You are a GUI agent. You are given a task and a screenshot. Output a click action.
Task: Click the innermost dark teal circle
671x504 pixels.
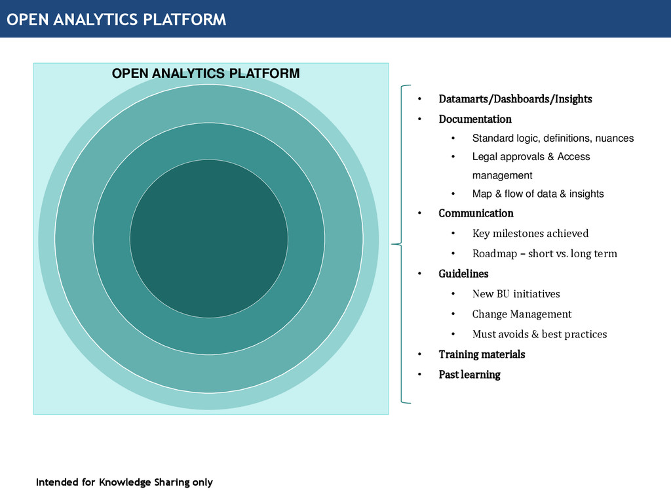coord(208,238)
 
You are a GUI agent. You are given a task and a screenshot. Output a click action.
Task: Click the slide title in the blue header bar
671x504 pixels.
coord(117,20)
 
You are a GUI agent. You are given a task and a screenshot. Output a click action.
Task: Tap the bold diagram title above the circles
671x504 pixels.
coord(206,73)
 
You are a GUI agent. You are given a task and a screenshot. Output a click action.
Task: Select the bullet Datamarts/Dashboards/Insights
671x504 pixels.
coord(515,99)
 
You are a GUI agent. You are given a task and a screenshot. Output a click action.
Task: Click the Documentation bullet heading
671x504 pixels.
coord(474,119)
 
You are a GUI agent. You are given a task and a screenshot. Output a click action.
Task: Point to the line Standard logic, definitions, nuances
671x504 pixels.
coord(552,138)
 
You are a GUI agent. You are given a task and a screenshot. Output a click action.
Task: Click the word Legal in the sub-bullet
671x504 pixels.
coord(484,157)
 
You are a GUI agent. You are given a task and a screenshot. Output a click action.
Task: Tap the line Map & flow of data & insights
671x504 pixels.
coord(537,194)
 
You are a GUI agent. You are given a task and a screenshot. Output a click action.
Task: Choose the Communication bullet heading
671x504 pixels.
coord(476,213)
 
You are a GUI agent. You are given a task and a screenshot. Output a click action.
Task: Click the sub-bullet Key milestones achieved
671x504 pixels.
coord(530,234)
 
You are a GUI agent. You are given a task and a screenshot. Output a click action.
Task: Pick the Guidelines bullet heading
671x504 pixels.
coord(463,274)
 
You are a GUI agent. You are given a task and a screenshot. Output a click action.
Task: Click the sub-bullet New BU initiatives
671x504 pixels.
coord(516,294)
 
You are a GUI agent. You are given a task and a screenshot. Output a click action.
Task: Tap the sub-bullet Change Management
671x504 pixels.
coord(522,314)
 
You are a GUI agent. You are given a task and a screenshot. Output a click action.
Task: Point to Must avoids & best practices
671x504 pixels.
coord(539,335)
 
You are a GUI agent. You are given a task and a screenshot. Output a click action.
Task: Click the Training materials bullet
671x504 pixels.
coord(482,354)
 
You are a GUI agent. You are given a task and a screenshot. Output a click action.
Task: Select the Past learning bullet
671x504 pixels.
coord(469,375)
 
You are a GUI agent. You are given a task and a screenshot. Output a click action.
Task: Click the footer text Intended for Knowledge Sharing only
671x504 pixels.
coord(125,482)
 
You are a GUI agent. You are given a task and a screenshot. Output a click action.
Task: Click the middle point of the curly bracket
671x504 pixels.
coord(394,244)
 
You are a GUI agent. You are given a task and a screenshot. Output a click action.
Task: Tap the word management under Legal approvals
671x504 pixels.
coord(502,175)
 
